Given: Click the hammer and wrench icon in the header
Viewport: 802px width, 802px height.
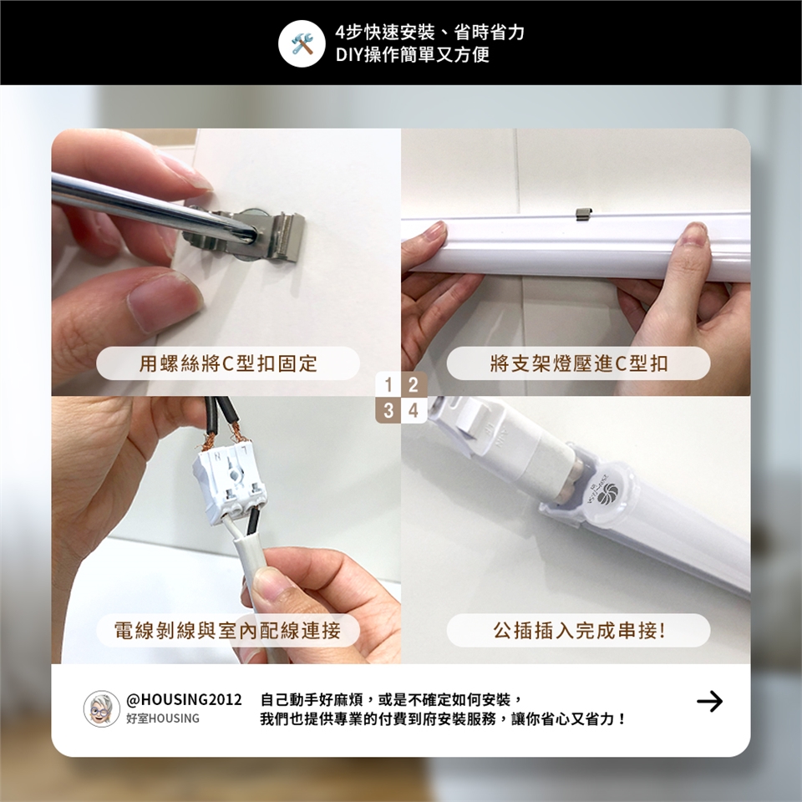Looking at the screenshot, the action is [x=302, y=43].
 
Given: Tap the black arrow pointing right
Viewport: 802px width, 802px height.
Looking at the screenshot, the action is [x=709, y=701].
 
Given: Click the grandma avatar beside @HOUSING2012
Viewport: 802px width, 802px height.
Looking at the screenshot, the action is [x=101, y=708].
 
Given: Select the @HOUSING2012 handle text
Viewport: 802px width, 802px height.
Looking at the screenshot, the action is [x=184, y=699].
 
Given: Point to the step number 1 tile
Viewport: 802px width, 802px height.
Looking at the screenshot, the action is [x=388, y=384].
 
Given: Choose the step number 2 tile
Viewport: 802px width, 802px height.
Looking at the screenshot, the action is [x=414, y=384].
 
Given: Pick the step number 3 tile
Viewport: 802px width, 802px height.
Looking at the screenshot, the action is [x=388, y=410].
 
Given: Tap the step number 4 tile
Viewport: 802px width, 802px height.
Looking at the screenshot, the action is [x=414, y=410].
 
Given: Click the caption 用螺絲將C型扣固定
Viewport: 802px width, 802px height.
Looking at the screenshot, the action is [x=228, y=363].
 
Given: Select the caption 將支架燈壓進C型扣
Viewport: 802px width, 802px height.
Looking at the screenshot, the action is [x=578, y=363].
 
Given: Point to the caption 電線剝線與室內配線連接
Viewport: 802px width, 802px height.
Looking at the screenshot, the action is [x=227, y=630].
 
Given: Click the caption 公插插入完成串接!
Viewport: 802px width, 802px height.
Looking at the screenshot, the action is [x=579, y=630].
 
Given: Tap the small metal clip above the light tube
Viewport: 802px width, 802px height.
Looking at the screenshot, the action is [x=584, y=214].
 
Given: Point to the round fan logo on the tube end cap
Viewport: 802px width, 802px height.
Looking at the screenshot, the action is [x=609, y=492].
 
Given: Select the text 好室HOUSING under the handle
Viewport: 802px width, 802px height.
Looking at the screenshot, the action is [x=163, y=718].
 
